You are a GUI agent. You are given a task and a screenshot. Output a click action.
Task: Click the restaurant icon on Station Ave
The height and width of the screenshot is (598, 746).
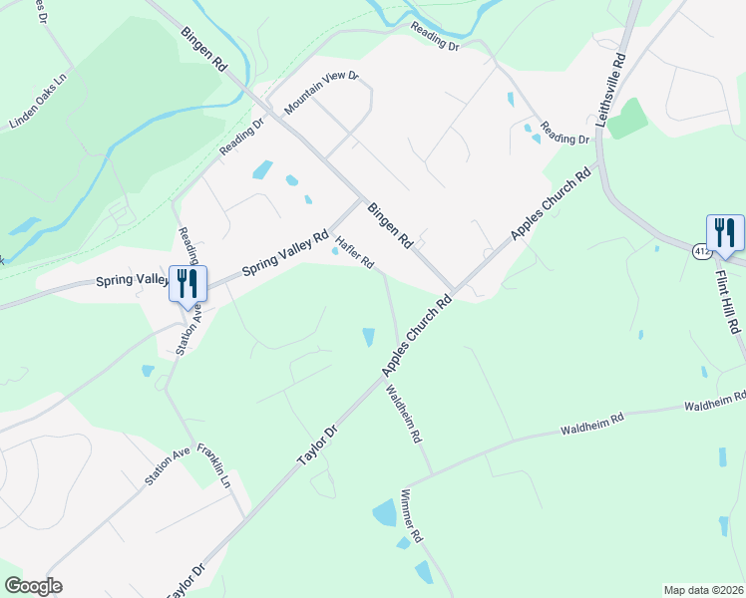tap(187, 284)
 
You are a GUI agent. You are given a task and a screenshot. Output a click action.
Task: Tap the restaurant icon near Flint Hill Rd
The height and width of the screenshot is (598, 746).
tap(725, 234)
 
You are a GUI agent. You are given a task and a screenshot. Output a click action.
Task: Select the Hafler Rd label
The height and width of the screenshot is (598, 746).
tap(354, 251)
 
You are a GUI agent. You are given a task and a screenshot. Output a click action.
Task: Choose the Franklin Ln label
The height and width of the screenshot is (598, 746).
tap(213, 465)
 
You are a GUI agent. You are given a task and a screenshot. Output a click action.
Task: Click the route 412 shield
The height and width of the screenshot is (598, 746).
tap(702, 252)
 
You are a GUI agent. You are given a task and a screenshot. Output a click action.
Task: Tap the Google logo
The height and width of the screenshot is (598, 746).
tap(33, 586)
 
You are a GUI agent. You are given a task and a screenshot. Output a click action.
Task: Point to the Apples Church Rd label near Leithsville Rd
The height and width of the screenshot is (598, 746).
tap(552, 202)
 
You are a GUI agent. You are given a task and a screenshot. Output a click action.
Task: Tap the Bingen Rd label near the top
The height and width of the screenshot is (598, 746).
tap(204, 48)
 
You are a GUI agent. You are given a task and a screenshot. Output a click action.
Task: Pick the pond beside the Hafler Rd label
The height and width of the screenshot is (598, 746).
tap(335, 251)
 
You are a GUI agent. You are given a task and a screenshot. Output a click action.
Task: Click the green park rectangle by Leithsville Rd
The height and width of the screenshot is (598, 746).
tap(627, 119)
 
